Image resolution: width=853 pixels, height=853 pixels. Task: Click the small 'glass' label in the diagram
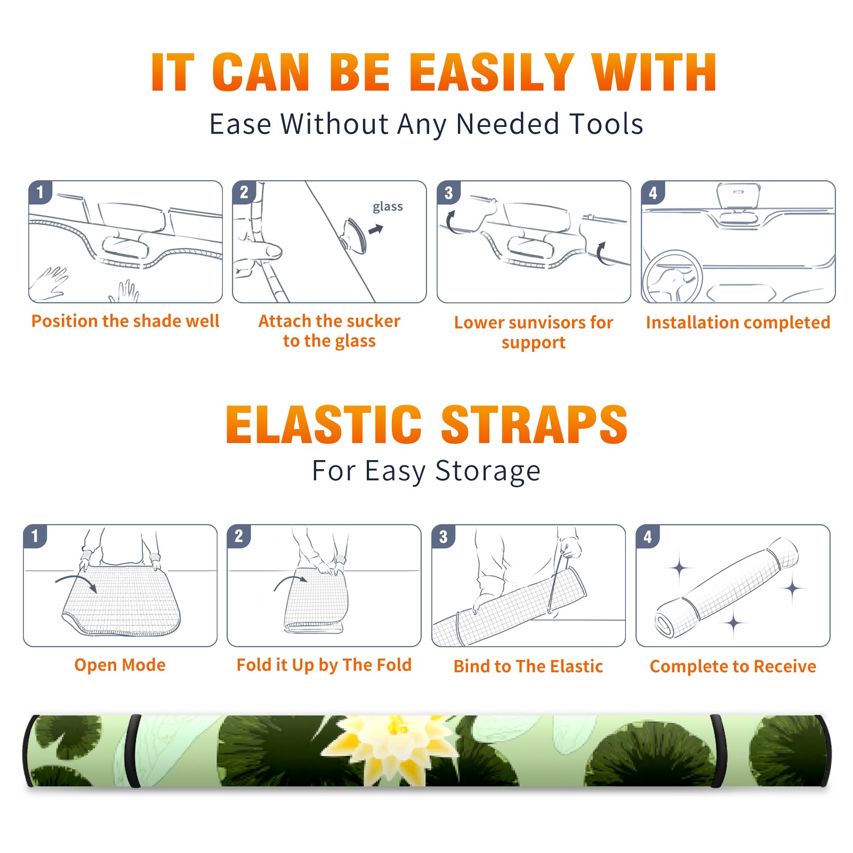pyautogui.click(x=388, y=206)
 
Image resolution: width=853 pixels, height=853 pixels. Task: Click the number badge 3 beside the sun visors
pyautogui.click(x=448, y=192)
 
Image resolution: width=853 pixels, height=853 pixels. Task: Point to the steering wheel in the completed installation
pyautogui.click(x=673, y=277)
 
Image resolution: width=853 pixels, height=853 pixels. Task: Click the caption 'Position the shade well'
pyautogui.click(x=125, y=321)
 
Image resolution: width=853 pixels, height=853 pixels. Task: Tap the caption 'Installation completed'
pyautogui.click(x=738, y=322)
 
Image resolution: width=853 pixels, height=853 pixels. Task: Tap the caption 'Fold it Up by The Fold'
pyautogui.click(x=324, y=665)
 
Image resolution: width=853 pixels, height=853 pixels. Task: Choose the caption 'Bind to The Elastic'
pyautogui.click(x=528, y=666)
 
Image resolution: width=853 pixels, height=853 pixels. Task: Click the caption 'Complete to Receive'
pyautogui.click(x=733, y=666)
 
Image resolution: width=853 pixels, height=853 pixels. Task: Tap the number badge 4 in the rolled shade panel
pyautogui.click(x=648, y=536)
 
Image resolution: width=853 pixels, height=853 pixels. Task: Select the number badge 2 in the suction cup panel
pyautogui.click(x=244, y=192)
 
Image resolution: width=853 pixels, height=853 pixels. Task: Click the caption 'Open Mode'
pyautogui.click(x=120, y=665)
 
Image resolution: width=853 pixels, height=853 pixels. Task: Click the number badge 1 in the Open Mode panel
pyautogui.click(x=35, y=536)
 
